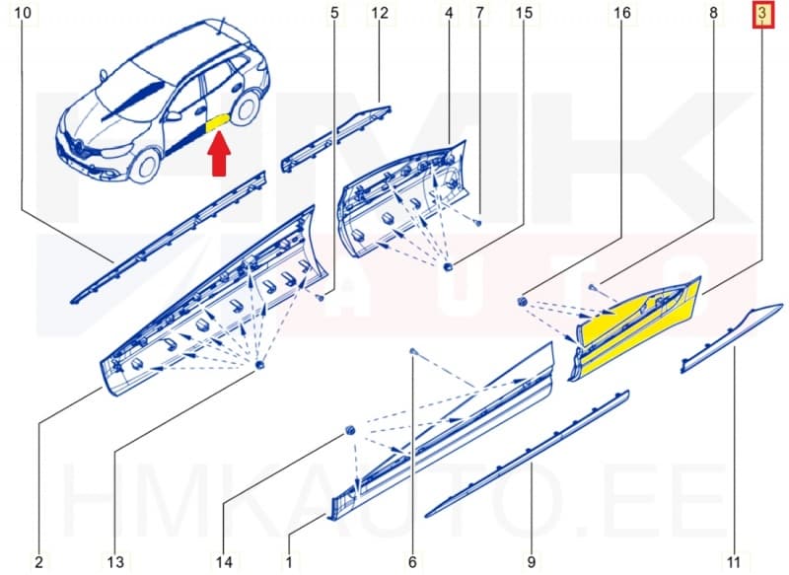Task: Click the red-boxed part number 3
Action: click(x=761, y=14)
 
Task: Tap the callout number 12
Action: click(x=380, y=14)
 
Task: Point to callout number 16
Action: click(x=621, y=14)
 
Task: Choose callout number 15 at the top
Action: click(x=524, y=14)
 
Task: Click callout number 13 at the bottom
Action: click(x=115, y=562)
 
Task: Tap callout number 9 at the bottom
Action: click(x=532, y=562)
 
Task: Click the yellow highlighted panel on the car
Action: click(x=217, y=122)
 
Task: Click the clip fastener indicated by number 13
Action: click(x=261, y=366)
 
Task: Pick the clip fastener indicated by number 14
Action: click(x=350, y=430)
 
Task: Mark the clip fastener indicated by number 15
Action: click(x=449, y=266)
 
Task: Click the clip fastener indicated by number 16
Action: click(x=524, y=299)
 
